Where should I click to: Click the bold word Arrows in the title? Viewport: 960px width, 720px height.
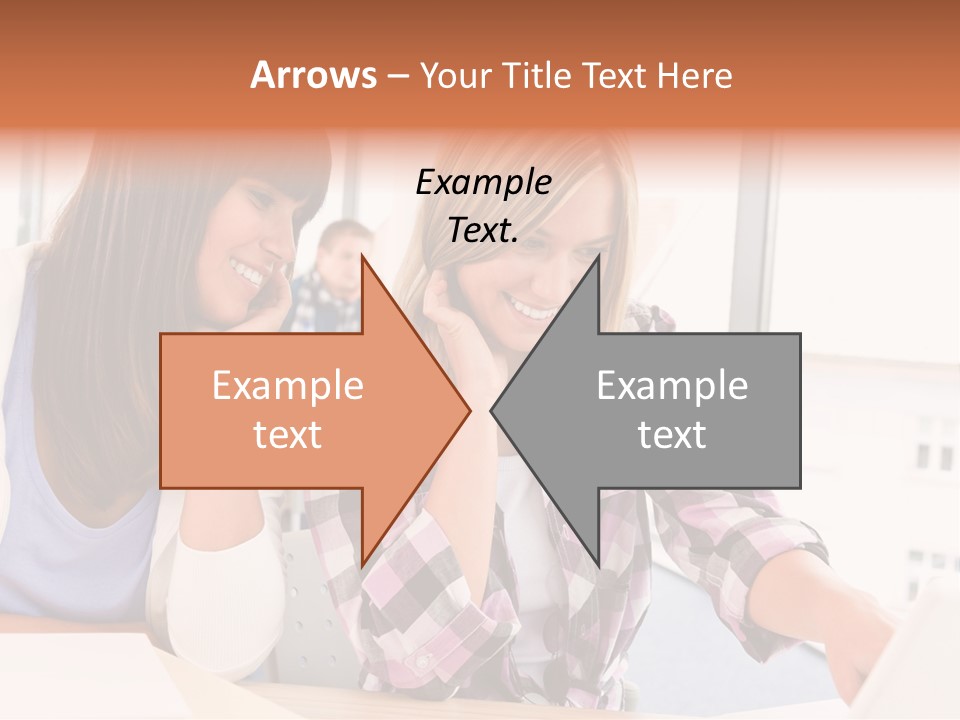(314, 75)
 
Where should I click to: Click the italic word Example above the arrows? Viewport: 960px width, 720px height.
(483, 183)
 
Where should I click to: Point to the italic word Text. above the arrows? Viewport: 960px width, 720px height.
(483, 231)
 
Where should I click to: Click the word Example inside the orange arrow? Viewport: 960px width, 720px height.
(288, 386)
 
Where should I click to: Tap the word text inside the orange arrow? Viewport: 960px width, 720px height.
(288, 435)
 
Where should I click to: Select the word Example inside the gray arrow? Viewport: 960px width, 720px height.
(672, 386)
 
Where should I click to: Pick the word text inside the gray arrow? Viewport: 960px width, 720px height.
(672, 435)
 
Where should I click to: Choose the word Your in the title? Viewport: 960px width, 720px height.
(454, 75)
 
